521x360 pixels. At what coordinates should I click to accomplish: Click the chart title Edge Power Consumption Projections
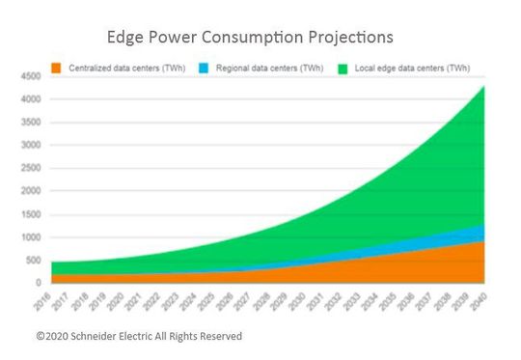point(251,37)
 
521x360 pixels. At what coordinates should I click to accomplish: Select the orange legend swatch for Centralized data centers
point(57,68)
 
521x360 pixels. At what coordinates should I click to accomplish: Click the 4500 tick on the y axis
point(29,76)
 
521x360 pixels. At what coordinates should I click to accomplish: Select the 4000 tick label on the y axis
point(29,99)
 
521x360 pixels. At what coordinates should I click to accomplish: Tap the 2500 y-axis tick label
point(29,168)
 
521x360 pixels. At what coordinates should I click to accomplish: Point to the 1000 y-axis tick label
point(29,237)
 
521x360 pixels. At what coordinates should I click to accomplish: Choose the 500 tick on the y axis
point(31,261)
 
